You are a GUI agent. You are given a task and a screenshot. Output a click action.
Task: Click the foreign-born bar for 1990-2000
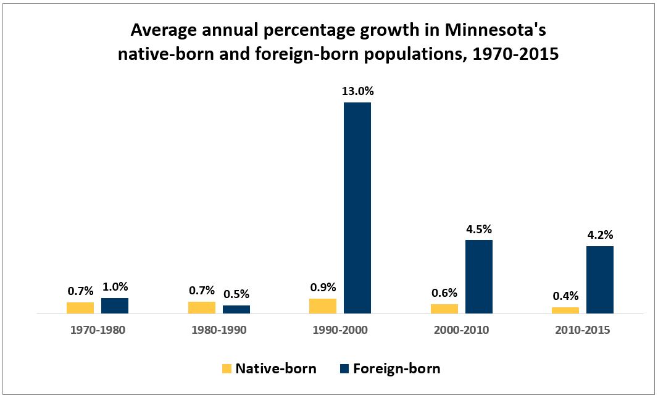[357, 208]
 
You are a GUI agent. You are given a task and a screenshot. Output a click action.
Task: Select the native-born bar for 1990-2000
[323, 306]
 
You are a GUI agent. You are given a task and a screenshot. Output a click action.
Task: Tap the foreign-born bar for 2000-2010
[479, 276]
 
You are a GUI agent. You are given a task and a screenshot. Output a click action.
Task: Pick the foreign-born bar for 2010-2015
[600, 280]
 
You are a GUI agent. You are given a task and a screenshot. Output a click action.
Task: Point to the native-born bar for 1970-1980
[80, 308]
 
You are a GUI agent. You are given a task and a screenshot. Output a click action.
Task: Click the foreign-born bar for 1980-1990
[236, 309]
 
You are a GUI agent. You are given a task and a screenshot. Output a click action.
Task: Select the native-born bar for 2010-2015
[565, 310]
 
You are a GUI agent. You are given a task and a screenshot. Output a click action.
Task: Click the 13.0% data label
[358, 91]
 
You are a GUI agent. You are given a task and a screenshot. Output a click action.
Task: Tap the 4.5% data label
[479, 230]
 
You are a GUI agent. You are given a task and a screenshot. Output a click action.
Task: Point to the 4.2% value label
[600, 236]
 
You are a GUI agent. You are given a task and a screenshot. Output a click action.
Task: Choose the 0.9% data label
[323, 287]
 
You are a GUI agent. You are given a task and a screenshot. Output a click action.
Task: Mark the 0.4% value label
[565, 296]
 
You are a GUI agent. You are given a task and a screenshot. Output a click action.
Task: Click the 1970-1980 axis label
[98, 330]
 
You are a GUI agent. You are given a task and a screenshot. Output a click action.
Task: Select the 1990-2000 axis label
[340, 330]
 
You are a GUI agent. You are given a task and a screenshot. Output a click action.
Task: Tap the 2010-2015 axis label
[583, 330]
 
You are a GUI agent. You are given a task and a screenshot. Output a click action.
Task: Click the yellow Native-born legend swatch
[227, 369]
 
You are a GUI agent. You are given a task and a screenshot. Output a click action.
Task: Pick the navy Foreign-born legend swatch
[344, 369]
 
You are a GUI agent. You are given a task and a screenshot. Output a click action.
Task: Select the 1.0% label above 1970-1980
[115, 287]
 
